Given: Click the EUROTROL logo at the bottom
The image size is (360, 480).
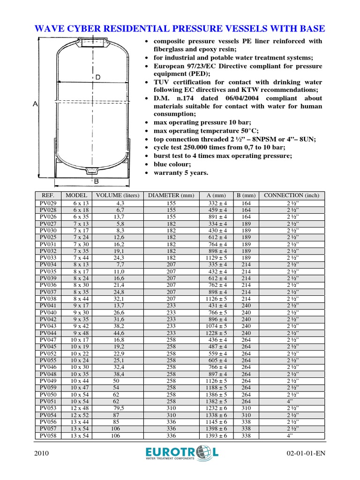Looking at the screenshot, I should (x=182, y=454).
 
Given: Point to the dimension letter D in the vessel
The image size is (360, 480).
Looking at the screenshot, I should (x=98, y=77).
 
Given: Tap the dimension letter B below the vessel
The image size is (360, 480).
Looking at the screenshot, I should (x=96, y=181).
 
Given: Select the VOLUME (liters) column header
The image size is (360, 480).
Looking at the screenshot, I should (x=117, y=195).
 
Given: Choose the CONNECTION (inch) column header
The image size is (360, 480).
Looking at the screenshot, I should (x=291, y=195).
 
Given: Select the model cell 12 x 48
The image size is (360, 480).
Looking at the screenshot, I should (x=80, y=408).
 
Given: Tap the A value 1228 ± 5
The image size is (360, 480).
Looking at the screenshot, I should (x=216, y=333).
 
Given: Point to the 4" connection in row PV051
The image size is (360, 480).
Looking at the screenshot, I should (x=291, y=401).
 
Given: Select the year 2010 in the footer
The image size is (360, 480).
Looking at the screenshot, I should (x=43, y=454).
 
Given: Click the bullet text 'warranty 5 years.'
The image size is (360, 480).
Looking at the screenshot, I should (x=181, y=173).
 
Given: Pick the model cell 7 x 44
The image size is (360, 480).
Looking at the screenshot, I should (x=80, y=258).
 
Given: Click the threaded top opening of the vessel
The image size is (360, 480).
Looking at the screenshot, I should (x=93, y=44).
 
